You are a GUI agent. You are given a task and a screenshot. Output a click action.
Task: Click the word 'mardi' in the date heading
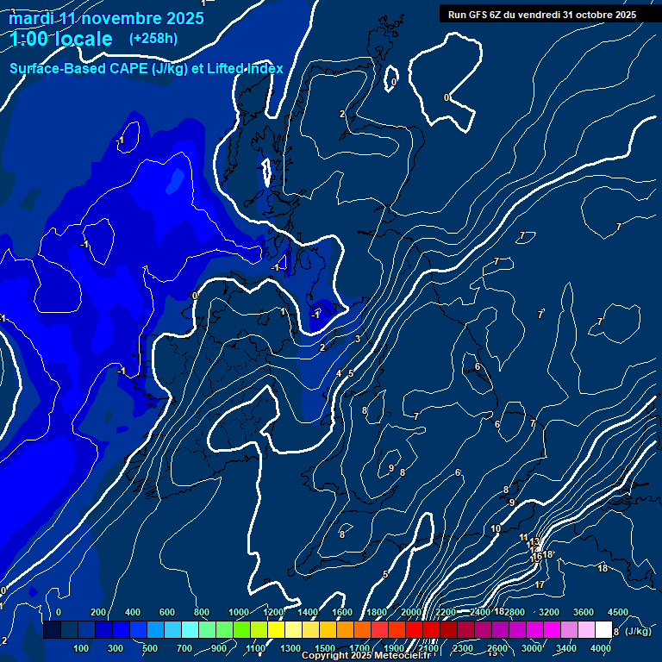32,18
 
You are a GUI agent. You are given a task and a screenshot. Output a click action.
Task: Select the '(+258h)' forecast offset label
153,39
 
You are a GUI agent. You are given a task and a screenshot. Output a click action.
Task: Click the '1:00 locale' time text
61,40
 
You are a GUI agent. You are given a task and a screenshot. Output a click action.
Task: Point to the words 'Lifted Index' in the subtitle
245,69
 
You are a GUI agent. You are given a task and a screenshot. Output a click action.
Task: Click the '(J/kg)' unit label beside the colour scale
638,632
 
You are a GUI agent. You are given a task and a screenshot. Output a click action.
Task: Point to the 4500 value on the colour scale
618,612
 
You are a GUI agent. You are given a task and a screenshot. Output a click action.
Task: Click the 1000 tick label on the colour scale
238,612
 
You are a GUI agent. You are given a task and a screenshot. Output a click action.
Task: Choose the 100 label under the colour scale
82,648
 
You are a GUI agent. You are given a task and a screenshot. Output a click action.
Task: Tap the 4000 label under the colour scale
602,648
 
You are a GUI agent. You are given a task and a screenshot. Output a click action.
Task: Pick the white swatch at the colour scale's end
603,631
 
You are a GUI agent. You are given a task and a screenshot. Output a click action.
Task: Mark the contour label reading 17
540,585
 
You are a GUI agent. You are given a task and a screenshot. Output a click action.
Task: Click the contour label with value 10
496,529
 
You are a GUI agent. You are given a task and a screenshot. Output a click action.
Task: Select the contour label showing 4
339,373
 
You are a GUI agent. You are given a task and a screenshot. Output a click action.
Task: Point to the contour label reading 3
357,339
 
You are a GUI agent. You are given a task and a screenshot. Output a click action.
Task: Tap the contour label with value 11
524,538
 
